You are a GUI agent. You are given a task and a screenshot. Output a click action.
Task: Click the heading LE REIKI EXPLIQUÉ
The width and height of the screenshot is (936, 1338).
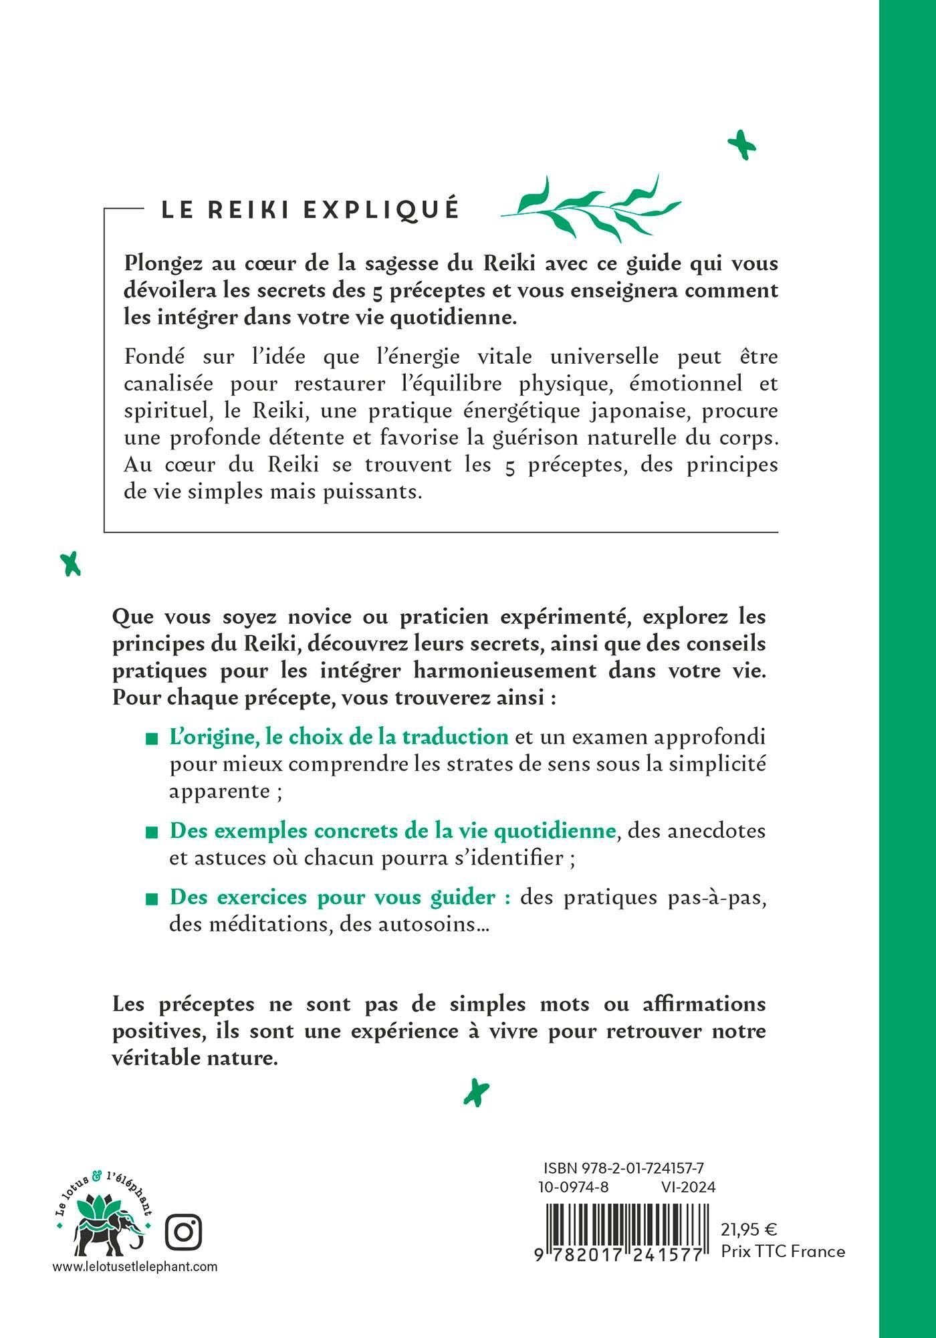[310, 209]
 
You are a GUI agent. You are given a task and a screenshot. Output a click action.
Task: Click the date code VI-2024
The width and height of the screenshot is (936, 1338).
[687, 1187]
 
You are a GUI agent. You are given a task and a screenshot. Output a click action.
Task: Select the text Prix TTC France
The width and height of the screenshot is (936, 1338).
[783, 1251]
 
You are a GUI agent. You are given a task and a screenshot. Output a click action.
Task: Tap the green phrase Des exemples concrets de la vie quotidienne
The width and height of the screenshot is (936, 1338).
[392, 830]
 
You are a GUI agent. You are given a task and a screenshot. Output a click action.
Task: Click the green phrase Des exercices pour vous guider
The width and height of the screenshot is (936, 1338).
[340, 897]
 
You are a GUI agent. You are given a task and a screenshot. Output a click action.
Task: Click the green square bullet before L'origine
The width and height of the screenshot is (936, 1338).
[152, 739]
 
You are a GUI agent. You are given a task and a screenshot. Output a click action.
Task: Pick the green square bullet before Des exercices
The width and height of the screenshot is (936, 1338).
[152, 899]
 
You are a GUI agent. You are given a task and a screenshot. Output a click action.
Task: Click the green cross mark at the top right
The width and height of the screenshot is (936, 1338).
[741, 145]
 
